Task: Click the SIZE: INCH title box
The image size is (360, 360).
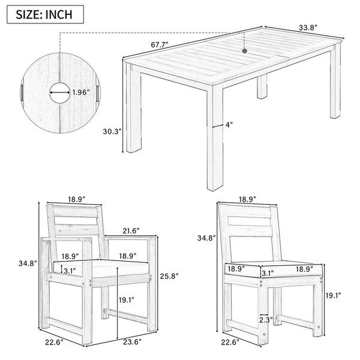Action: click(45, 14)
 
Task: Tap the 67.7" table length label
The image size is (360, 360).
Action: click(160, 44)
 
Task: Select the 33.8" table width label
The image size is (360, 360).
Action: click(308, 28)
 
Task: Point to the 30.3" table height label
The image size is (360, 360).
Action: click(112, 131)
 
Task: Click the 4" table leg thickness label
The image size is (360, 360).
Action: click(229, 125)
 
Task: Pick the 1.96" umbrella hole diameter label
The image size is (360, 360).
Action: click(80, 92)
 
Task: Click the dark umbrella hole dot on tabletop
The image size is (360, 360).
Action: click(245, 51)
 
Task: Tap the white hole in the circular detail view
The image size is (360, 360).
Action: click(60, 93)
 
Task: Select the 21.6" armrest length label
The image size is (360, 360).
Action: click(131, 230)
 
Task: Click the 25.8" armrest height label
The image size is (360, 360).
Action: click(169, 276)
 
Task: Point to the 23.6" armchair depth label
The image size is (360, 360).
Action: click(132, 342)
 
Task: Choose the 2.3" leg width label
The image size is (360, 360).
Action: click(266, 320)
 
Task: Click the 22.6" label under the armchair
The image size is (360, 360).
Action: click(54, 343)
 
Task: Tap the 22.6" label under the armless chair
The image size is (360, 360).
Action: click(230, 343)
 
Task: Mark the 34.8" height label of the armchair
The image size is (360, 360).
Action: click(28, 263)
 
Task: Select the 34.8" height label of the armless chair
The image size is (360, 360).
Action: click(206, 238)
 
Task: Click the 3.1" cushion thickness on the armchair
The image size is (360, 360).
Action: click(70, 271)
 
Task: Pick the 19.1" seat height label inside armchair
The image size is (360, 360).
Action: click(126, 299)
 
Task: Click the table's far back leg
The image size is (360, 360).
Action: click(262, 87)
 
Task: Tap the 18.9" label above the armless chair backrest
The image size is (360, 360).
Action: click(247, 199)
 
